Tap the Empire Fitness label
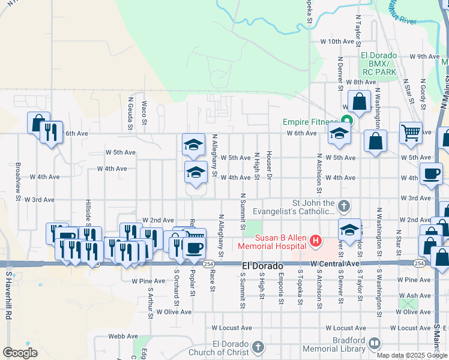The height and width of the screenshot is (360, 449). pyautogui.click(x=312, y=122)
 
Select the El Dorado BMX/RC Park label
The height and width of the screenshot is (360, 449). pyautogui.click(x=379, y=64)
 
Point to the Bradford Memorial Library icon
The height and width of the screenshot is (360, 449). pyautogui.click(x=375, y=343)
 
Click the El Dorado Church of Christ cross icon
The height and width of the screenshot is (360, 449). pyautogui.click(x=258, y=346)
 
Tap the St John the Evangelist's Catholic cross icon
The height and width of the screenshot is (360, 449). pyautogui.click(x=343, y=206)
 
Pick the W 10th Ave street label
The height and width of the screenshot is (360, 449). pyautogui.click(x=338, y=42)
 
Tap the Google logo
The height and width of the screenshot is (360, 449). pyautogui.click(x=20, y=353)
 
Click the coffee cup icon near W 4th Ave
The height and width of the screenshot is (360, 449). pyautogui.click(x=430, y=173)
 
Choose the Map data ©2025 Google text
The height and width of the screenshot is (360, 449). pyautogui.click(x=412, y=355)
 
